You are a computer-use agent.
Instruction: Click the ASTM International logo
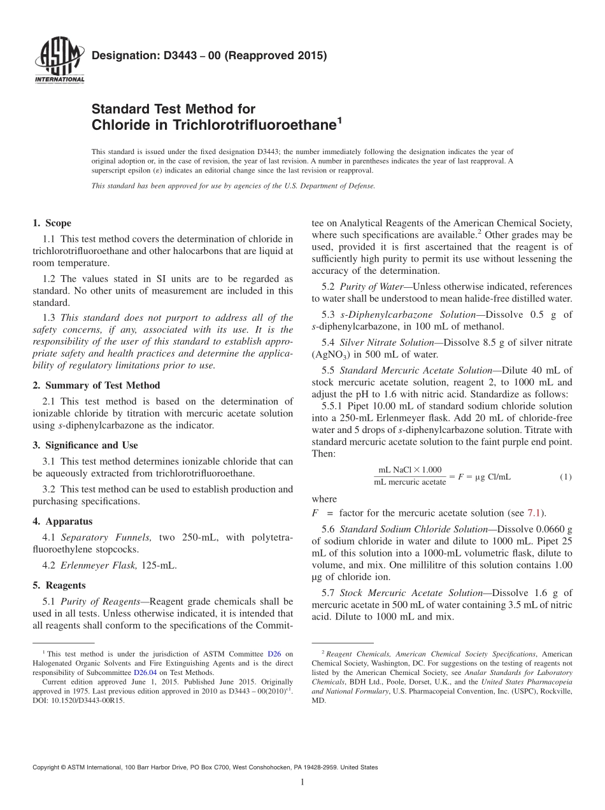(x=59, y=60)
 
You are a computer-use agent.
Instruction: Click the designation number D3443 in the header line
(x=170, y=55)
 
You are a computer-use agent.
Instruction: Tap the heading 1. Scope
(x=52, y=223)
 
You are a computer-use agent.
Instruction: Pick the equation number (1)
(x=566, y=476)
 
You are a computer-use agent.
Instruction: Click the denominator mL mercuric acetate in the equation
(x=409, y=482)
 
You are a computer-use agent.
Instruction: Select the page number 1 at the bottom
(x=302, y=783)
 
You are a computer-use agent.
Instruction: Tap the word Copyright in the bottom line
(x=47, y=767)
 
